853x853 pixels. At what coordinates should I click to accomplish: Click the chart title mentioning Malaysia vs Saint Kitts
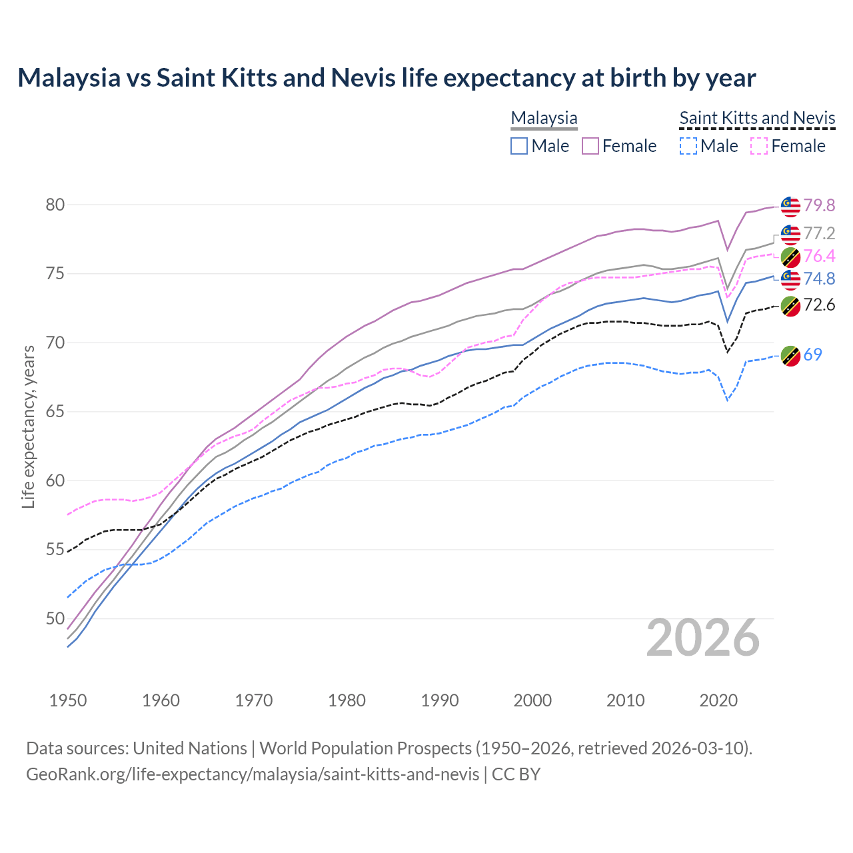coord(387,78)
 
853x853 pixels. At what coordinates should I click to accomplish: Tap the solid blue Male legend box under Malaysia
coord(519,146)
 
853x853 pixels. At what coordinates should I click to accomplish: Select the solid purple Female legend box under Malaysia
coord(590,146)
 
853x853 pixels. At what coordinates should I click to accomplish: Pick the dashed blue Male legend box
coord(688,146)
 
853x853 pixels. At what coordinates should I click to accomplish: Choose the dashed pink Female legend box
coord(759,146)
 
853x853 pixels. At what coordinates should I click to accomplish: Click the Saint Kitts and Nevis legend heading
coord(757,118)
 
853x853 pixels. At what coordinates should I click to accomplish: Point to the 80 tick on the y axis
coord(55,205)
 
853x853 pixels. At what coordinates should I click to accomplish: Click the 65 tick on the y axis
coord(55,411)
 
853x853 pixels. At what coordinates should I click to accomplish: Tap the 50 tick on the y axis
coord(55,618)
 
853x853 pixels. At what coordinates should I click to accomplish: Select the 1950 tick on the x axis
coord(68,700)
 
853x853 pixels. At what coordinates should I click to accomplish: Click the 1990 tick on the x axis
coord(440,700)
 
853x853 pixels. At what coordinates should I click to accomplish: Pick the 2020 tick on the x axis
coord(718,700)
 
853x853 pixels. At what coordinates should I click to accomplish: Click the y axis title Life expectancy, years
coord(28,426)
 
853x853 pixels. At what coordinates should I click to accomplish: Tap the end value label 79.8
coord(819,206)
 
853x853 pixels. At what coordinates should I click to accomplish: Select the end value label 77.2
coord(819,233)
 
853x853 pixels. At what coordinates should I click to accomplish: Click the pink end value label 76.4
coord(819,257)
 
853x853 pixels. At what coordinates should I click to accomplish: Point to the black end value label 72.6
coord(819,305)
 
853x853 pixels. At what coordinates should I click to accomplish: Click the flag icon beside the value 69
coord(790,356)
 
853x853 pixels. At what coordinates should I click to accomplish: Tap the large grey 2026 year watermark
coord(703,638)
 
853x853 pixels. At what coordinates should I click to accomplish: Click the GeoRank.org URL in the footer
coord(253,774)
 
